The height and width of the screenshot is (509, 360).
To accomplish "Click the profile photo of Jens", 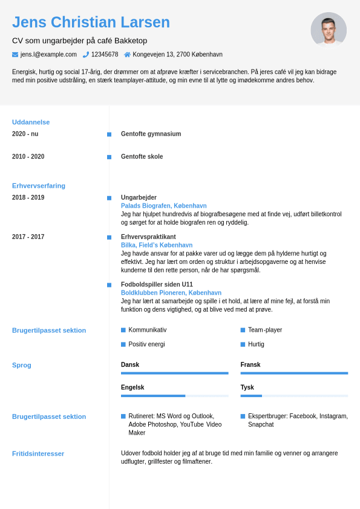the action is coord(329,29).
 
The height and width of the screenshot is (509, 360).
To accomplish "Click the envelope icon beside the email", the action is coord(15,54).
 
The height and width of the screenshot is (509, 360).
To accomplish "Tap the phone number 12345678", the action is coord(105,54).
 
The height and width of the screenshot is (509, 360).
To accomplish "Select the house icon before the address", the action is coord(127,54).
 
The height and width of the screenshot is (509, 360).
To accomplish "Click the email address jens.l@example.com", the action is coord(48,54).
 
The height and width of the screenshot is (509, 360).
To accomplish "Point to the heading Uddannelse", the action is coord(31,122).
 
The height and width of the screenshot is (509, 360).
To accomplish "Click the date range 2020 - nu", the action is coord(25,134).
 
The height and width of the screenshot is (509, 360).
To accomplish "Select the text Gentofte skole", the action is coord(142,157).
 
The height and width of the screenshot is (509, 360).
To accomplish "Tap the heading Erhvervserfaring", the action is coord(39,186).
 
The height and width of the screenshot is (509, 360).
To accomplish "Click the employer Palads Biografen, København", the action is coord(155,206).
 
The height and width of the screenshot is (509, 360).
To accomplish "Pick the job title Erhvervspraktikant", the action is coord(148,237).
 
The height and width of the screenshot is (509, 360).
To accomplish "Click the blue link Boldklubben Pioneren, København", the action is coord(171,293).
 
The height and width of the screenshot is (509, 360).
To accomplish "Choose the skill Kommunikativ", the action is coord(147,330).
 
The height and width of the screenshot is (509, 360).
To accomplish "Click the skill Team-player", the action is coord(264,330).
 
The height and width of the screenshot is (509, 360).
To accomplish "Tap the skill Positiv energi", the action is coord(146,344).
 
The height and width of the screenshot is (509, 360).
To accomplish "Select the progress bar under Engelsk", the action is coord(174,396).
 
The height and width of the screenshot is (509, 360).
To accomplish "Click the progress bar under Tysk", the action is coord(294,396).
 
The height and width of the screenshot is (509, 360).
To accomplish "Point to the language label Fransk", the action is coord(250,365).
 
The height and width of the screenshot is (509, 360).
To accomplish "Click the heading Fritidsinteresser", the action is coord(38,453).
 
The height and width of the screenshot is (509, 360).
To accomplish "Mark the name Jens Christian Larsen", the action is coord(91,22).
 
